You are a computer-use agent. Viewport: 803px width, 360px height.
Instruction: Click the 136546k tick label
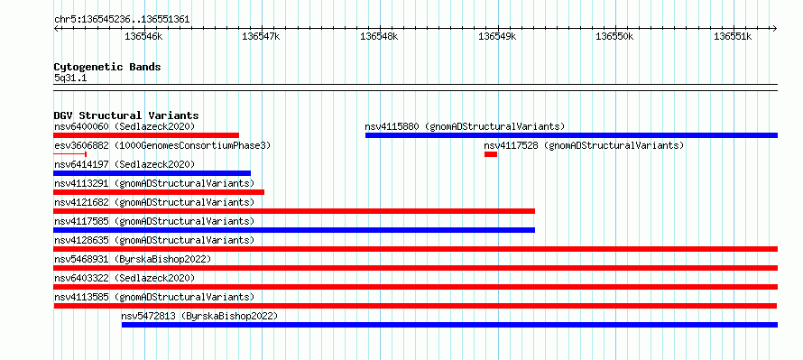[x=143, y=36]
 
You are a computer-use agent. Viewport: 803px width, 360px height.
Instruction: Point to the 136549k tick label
[x=497, y=36]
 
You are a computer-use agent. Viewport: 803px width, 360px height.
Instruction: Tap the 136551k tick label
[x=733, y=36]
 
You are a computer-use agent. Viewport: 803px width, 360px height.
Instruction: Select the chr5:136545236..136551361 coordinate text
[x=122, y=20]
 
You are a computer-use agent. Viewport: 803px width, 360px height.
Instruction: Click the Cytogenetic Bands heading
[x=107, y=67]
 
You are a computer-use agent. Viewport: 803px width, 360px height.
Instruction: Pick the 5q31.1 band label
[x=70, y=78]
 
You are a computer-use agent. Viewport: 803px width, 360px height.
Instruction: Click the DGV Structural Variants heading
[x=126, y=115]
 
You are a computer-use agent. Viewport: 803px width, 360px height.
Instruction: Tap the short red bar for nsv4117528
[x=491, y=154]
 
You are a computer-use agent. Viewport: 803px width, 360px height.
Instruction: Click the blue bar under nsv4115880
[x=571, y=135]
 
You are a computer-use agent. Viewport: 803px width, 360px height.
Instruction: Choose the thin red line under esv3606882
[x=70, y=154]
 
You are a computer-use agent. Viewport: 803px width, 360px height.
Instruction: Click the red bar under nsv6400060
[x=146, y=135]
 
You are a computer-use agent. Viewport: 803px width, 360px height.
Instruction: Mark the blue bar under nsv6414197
[x=152, y=173]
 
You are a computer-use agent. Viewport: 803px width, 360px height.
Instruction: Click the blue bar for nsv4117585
[x=294, y=230]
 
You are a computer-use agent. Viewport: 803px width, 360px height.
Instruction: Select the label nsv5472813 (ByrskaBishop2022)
[x=199, y=316]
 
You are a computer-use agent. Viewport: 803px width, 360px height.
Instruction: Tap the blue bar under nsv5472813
[x=449, y=325]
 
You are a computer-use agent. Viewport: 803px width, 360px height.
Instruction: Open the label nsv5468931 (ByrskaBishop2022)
[x=133, y=259]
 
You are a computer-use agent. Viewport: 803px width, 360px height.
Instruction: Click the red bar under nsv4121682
[x=294, y=211]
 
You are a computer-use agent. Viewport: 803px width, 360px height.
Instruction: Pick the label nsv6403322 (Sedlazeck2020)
[x=125, y=278]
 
